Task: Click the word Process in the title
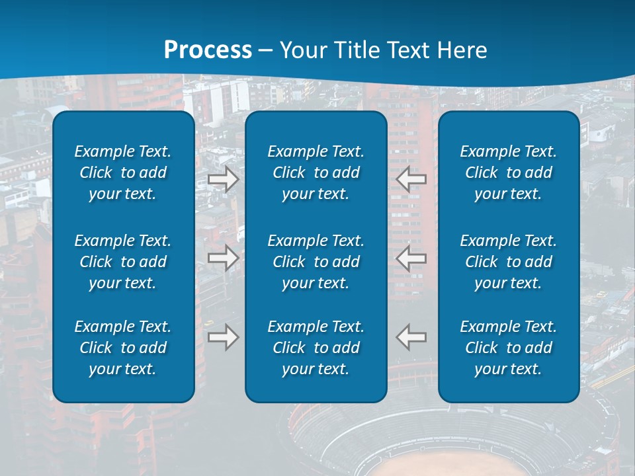click(208, 50)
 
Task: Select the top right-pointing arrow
click(224, 179)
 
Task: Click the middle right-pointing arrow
click(224, 258)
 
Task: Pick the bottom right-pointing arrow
click(224, 337)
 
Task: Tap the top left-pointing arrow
click(411, 179)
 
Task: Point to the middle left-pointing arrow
click(411, 258)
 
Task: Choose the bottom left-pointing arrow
click(411, 337)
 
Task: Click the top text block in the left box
click(123, 173)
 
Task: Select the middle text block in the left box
click(123, 262)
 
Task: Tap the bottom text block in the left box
click(123, 348)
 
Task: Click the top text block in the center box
click(316, 173)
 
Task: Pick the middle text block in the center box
click(316, 262)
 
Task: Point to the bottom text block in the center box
click(316, 348)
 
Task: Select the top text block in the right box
click(509, 173)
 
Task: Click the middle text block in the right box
click(509, 262)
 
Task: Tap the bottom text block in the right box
click(509, 348)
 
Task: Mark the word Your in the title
click(302, 50)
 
